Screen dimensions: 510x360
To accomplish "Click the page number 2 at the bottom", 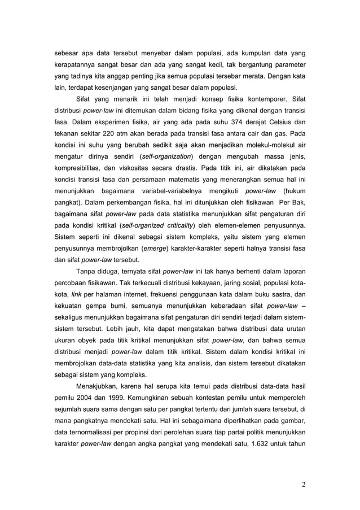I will pos(304,483).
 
